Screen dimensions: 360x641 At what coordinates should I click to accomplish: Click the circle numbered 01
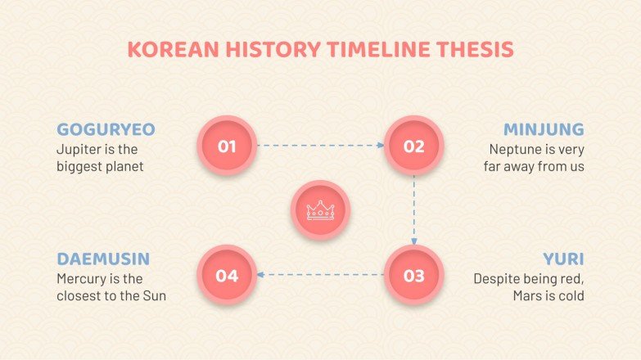(228, 146)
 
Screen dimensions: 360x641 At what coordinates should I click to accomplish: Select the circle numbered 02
(413, 146)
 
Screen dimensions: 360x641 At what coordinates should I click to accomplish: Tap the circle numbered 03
(413, 275)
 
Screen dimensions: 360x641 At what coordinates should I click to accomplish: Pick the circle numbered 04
(228, 275)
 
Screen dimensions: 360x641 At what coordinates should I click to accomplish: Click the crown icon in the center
(321, 210)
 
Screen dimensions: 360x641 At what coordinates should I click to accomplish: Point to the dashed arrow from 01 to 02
(321, 146)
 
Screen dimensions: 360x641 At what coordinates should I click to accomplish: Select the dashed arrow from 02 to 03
(414, 210)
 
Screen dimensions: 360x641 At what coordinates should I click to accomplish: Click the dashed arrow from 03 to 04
(321, 275)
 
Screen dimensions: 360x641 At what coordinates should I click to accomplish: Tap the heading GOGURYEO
(106, 129)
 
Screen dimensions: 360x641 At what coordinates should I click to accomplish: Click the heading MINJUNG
(544, 129)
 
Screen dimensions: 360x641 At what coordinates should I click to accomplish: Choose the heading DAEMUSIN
(103, 259)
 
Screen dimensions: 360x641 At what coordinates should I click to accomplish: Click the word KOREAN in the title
(166, 49)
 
